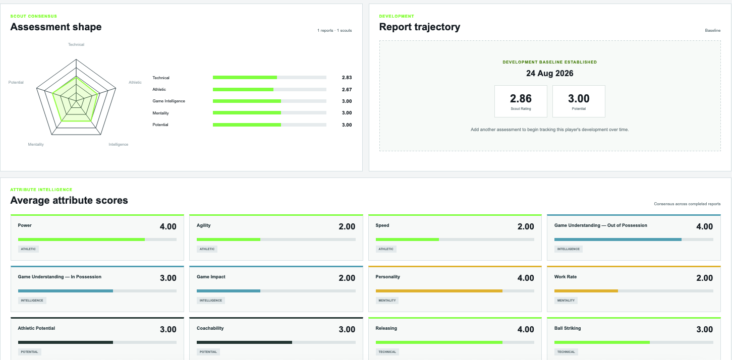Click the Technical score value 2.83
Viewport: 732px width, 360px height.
tap(347, 78)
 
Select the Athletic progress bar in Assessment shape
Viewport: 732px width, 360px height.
tap(269, 90)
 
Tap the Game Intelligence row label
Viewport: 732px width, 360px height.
tap(168, 101)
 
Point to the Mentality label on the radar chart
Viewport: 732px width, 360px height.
tap(36, 144)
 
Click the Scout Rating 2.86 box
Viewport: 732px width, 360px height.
tap(521, 101)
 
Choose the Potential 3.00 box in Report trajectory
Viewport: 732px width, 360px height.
tap(579, 101)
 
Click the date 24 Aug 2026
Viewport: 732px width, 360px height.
tap(550, 73)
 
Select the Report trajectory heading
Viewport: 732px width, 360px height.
tap(420, 27)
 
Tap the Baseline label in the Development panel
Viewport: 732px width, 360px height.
tap(712, 30)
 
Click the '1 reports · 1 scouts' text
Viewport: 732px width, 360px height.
tap(334, 30)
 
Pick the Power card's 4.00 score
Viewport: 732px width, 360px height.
tap(168, 226)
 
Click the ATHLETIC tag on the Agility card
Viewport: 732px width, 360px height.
tap(207, 249)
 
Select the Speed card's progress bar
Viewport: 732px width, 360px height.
tap(455, 239)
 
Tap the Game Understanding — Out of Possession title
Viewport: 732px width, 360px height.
tap(601, 225)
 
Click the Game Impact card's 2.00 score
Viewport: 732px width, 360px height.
tap(347, 278)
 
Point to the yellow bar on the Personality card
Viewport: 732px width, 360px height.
tap(439, 291)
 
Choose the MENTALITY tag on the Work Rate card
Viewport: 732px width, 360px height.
tap(566, 301)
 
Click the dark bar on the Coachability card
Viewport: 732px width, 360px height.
tap(244, 342)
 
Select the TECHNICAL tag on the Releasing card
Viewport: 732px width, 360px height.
tap(387, 352)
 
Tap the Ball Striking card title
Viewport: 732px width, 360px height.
tap(568, 328)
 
